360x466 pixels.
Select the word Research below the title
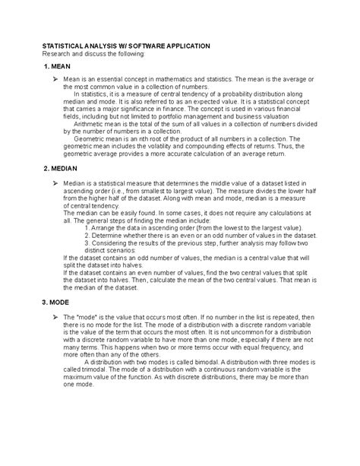point(60,55)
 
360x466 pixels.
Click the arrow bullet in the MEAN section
point(55,79)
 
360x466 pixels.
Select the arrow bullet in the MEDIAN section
point(55,183)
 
